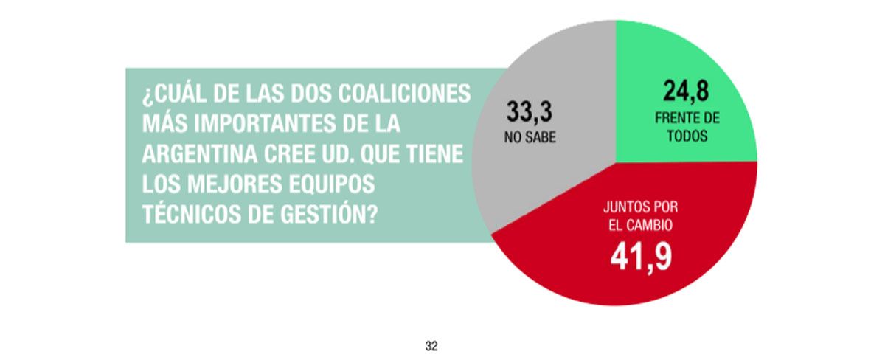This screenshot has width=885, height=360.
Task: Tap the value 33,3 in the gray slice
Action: tap(530, 112)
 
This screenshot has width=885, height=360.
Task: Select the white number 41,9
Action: tap(640, 256)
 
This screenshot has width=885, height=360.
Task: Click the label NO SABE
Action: tap(530, 137)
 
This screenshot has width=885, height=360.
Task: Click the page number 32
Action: tap(432, 345)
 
